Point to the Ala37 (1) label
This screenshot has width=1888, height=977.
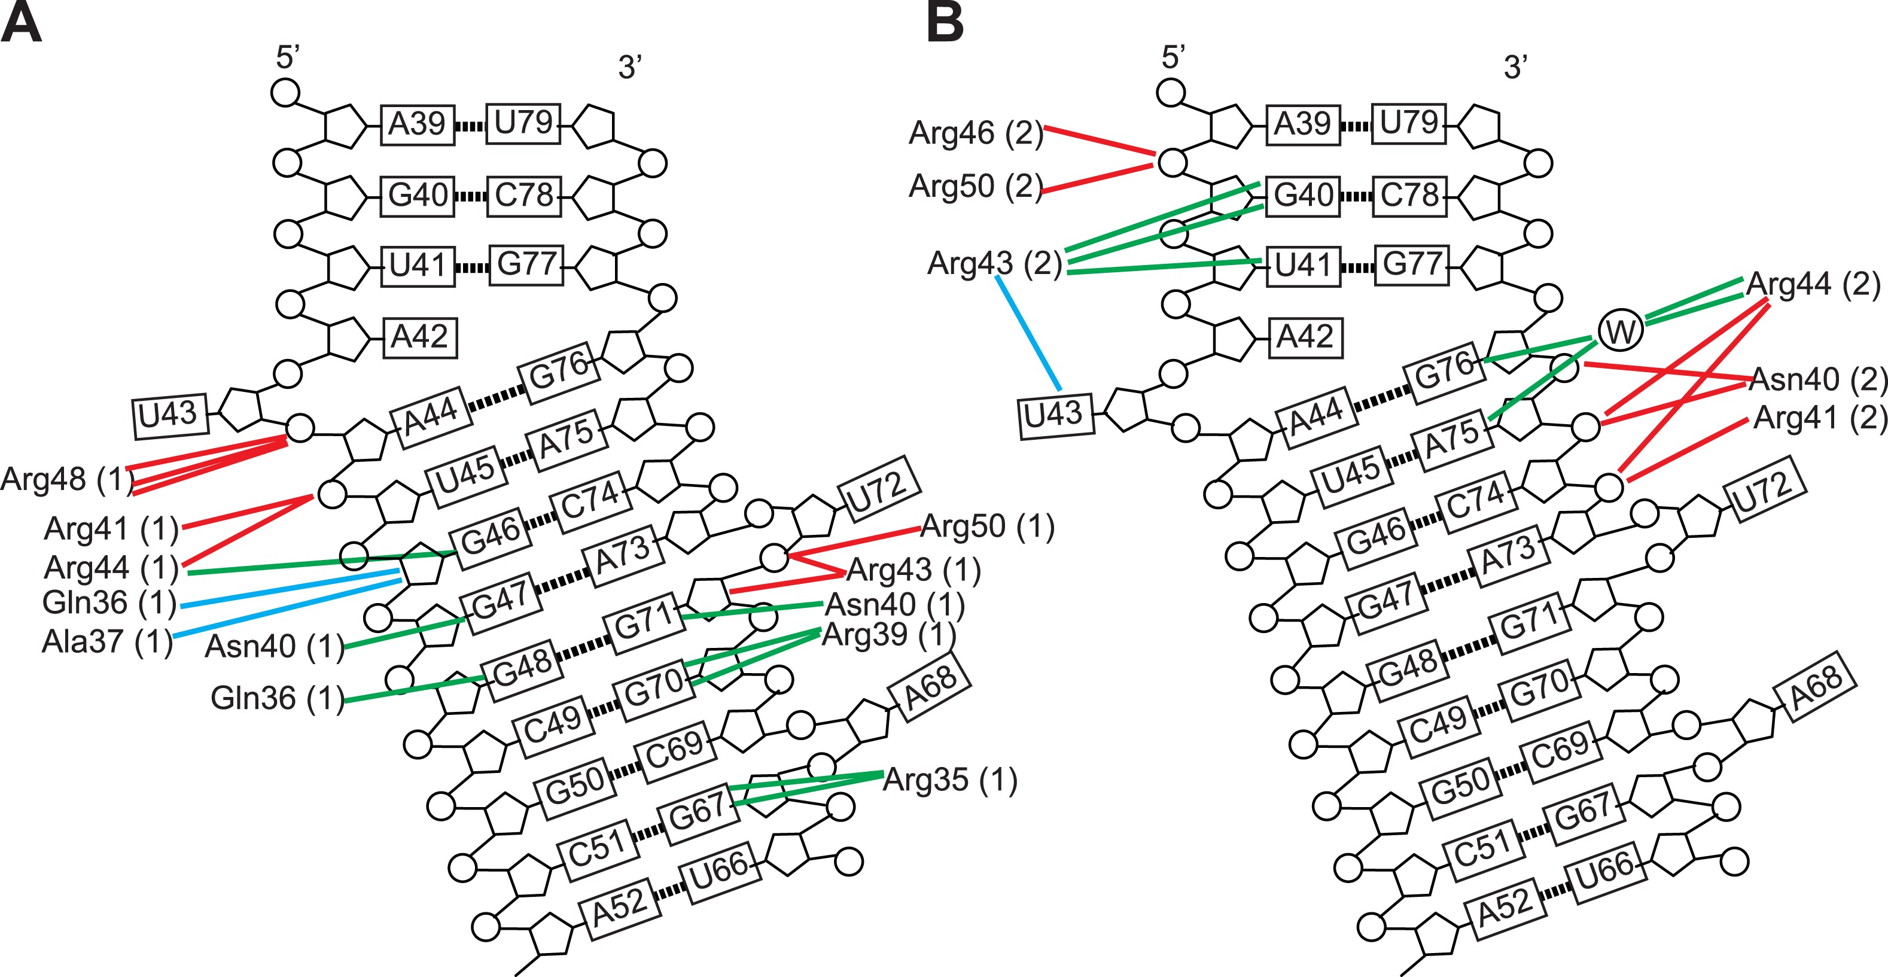point(107,642)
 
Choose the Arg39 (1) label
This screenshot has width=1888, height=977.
point(888,635)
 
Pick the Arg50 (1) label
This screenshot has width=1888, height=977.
point(986,526)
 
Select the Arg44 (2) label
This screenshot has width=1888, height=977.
point(1813,284)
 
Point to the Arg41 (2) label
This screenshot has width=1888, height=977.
point(1819,418)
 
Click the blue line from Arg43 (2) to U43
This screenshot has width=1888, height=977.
point(1028,332)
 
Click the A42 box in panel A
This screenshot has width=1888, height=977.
point(419,337)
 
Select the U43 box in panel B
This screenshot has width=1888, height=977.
point(1053,414)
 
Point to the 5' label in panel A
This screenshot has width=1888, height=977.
point(287,57)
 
